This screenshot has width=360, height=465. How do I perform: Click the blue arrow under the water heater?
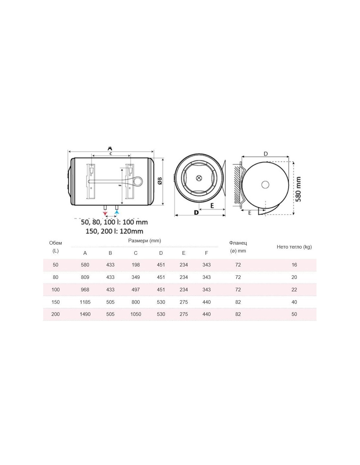point(117,213)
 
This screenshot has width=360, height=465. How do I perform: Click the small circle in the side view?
point(265,185)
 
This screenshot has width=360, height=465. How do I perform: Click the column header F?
point(206,253)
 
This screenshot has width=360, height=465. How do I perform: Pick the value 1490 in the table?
point(85,314)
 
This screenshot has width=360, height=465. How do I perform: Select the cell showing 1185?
point(85,302)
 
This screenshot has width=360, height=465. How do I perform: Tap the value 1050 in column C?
point(135,314)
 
